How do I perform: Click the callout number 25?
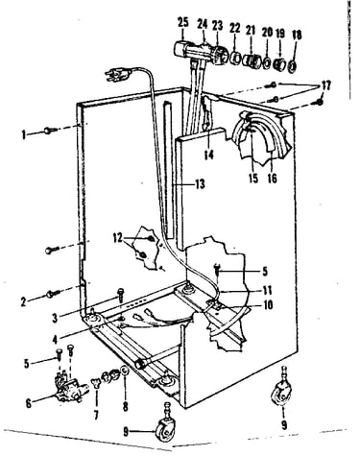click(183, 23)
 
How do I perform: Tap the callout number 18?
click(297, 35)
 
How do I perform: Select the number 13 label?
click(200, 184)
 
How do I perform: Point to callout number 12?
click(117, 238)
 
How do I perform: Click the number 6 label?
click(29, 404)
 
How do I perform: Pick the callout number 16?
click(272, 179)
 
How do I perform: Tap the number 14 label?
click(208, 156)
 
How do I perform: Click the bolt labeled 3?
click(121, 295)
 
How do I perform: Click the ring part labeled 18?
click(292, 66)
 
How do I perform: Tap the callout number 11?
click(267, 291)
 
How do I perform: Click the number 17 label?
click(326, 85)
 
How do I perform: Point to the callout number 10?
click(268, 305)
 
